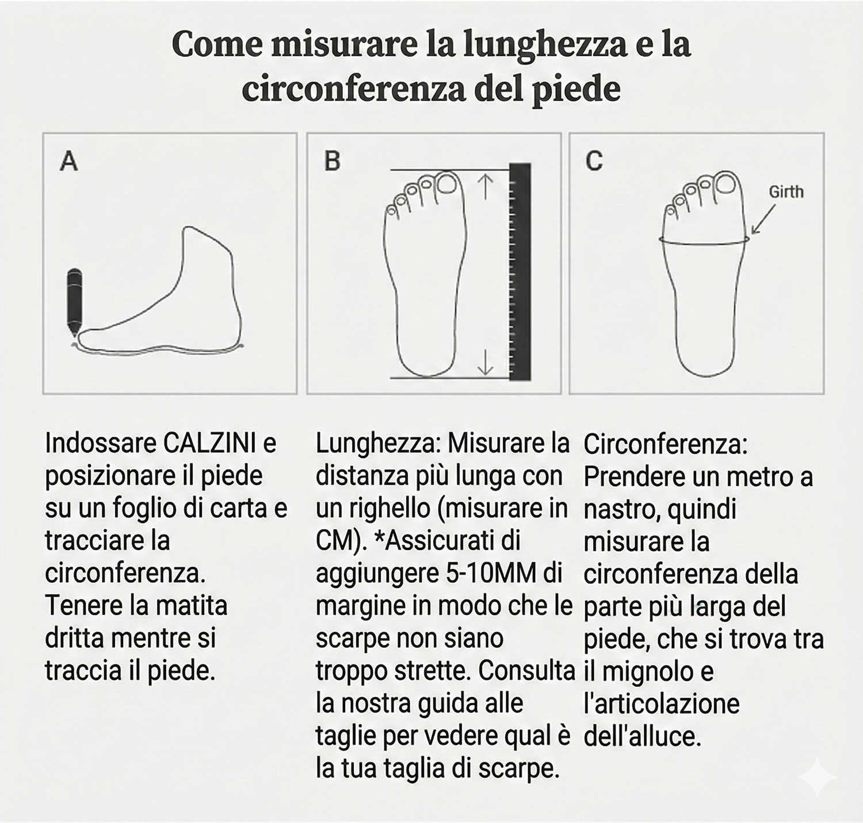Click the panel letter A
[x=69, y=161]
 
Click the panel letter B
[x=333, y=161]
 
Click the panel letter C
[x=594, y=161]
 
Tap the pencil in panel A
[x=74, y=301]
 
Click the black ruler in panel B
[x=520, y=271]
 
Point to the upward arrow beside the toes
[x=486, y=187]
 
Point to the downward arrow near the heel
[x=486, y=362]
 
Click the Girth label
[x=786, y=191]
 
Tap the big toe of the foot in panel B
[x=447, y=184]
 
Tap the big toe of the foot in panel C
[x=727, y=184]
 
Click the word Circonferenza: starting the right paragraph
[x=666, y=445]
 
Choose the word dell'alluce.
[x=643, y=736]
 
